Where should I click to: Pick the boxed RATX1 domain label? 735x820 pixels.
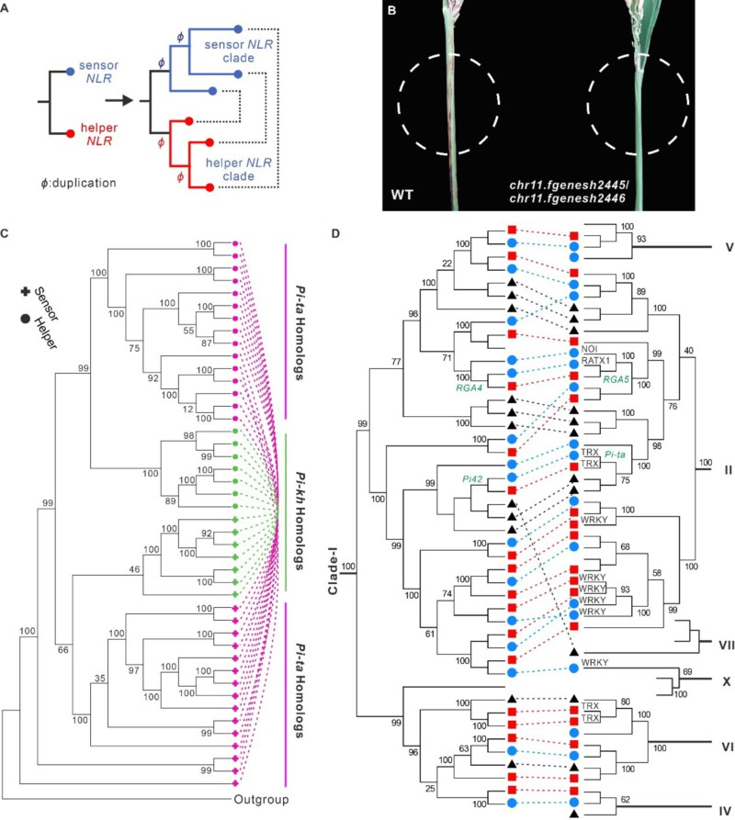point(594,362)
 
